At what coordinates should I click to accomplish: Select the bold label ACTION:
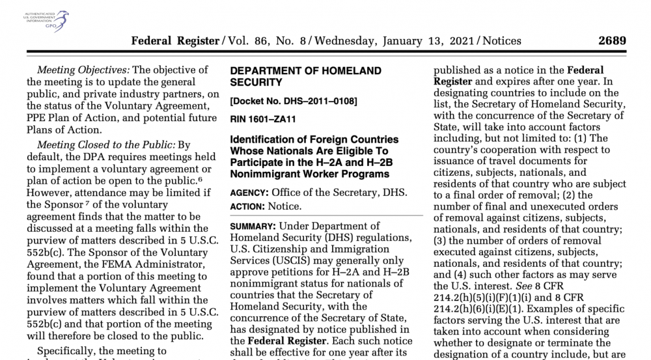(x=250, y=206)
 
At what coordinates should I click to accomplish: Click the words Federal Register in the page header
(x=176, y=40)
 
